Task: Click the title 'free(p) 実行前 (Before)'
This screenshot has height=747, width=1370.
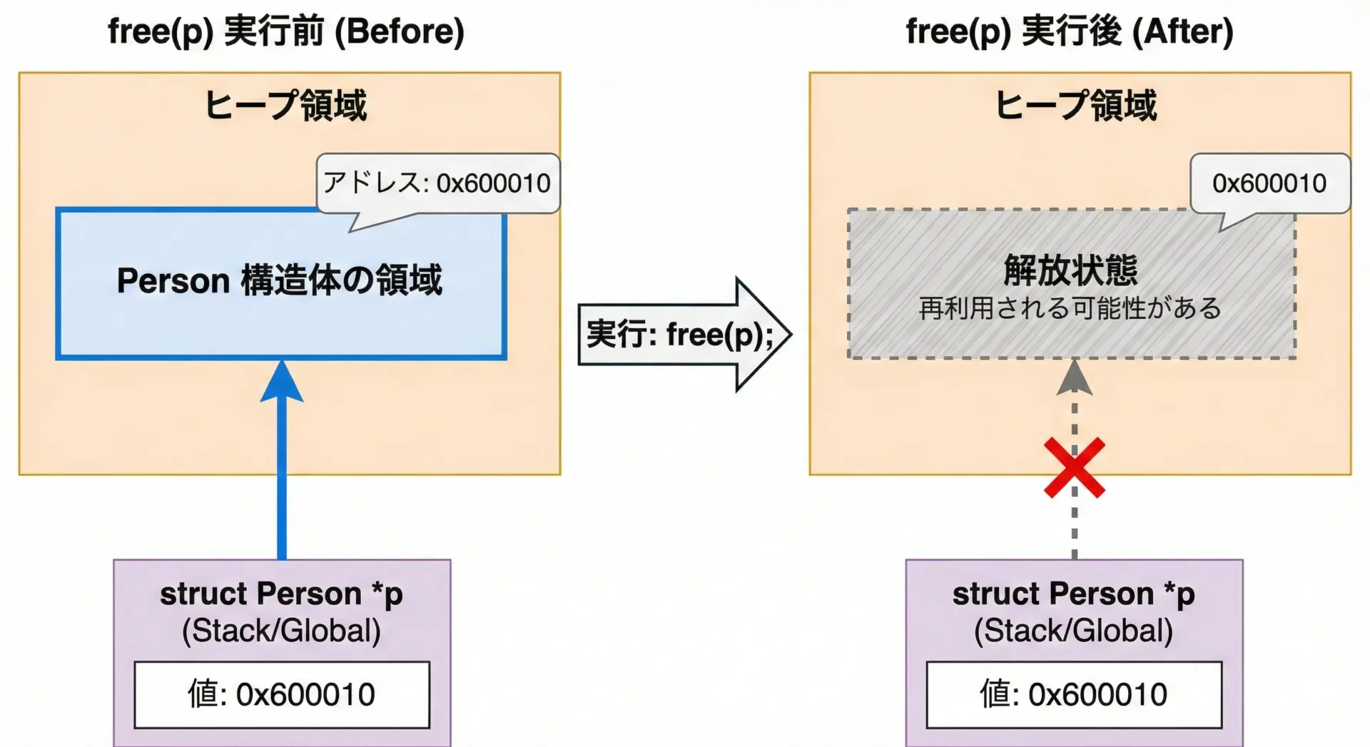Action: click(285, 32)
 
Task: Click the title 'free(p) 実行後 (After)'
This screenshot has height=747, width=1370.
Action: click(1069, 32)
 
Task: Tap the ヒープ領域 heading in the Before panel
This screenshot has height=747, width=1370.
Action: click(285, 106)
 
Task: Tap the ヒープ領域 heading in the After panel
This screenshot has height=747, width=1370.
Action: click(1075, 106)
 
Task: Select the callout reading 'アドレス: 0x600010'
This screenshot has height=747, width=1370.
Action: click(437, 183)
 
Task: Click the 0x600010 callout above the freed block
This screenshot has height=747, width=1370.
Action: click(1269, 183)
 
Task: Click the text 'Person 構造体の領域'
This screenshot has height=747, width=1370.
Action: click(280, 280)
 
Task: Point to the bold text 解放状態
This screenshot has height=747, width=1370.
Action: click(1070, 270)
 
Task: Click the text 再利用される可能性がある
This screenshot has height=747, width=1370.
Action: click(1070, 308)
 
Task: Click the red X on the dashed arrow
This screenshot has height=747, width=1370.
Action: click(1074, 468)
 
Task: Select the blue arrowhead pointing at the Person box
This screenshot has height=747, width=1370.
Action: click(282, 382)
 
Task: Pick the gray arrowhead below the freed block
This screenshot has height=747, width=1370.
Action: click(1074, 378)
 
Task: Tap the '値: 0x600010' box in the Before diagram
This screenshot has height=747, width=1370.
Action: click(282, 694)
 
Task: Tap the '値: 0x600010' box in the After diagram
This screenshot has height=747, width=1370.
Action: click(1074, 694)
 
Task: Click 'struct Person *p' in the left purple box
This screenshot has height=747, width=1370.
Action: click(281, 594)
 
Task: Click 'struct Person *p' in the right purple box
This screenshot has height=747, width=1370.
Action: click(1073, 594)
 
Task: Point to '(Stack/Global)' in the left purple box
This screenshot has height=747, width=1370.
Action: click(281, 631)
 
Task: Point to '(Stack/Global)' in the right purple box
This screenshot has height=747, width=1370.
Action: click(1073, 631)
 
